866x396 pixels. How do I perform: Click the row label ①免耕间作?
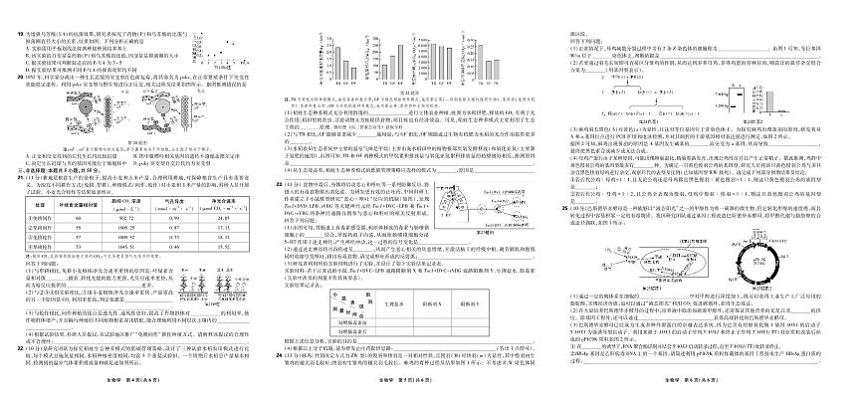[36, 216]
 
